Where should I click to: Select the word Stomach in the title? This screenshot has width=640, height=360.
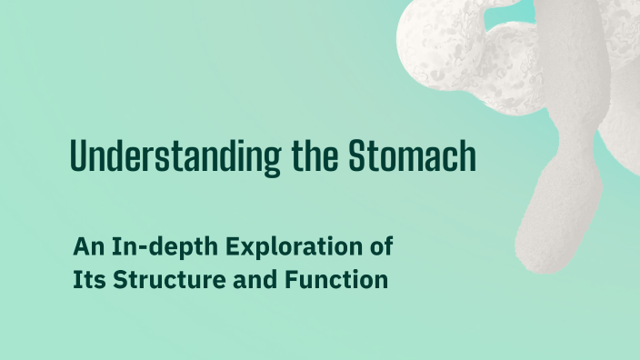[x=413, y=157]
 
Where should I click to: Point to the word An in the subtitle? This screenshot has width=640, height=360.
[x=86, y=246]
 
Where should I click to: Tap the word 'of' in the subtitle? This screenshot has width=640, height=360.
[x=380, y=246]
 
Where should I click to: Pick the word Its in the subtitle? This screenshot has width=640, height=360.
[x=85, y=280]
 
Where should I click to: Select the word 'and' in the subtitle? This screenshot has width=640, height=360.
[x=237, y=280]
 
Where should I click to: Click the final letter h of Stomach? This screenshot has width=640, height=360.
[x=467, y=157]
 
